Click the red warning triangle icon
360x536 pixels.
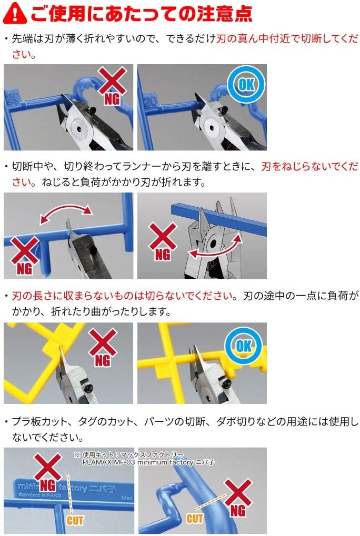[15, 13]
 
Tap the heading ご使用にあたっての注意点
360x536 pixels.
[142, 14]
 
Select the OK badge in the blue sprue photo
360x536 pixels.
[246, 84]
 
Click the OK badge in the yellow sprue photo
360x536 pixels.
[243, 346]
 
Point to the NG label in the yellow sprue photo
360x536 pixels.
[102, 360]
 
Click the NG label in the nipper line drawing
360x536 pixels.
[163, 254]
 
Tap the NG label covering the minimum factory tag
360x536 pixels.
[47, 485]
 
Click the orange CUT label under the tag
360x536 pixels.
[75, 521]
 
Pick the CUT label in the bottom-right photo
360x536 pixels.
[195, 519]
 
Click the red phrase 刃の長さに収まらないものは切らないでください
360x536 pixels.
[123, 296]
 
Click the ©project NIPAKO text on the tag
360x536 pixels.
[40, 494]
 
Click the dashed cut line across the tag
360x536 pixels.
[70, 493]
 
